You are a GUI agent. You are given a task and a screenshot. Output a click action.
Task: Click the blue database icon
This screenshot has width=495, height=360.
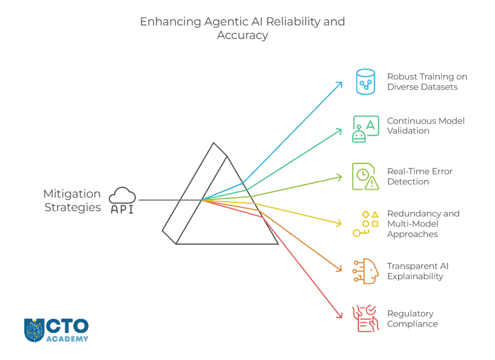coord(365,81)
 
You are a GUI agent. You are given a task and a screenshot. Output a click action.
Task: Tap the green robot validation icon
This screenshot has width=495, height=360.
coord(365,128)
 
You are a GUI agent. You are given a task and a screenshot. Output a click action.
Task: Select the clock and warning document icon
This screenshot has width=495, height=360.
coord(365,176)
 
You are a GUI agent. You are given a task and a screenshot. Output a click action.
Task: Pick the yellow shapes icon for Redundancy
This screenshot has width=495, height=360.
coord(365,224)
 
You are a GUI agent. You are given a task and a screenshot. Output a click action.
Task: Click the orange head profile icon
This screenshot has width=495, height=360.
coord(365,271)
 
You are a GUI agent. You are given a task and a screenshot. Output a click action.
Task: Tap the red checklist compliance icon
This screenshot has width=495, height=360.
coord(365,318)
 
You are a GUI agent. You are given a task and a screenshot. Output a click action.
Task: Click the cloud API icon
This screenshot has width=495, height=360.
coord(122,200)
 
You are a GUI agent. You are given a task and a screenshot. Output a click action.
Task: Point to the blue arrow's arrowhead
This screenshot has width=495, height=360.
coord(340,84)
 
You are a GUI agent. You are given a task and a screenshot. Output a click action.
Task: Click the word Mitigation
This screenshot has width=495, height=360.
coord(72,194)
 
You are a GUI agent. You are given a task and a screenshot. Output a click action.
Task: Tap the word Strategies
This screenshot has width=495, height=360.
coord(73,208)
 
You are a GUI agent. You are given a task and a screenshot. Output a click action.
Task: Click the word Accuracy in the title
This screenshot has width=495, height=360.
coord(242,35)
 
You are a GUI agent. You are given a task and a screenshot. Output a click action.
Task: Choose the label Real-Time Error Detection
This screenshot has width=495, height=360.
coord(420,176)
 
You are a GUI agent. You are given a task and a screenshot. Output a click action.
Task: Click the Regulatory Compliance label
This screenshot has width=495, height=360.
coord(412,318)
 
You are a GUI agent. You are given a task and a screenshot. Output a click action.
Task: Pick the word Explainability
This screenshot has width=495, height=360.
coord(415,276)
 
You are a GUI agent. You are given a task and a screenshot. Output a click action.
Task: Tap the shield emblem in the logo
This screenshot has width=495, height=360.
coord(34,330)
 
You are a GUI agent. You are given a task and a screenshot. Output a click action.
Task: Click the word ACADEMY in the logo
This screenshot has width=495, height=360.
coord(68,339)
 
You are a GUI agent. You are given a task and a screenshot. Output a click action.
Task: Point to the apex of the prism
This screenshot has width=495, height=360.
coord(214,143)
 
